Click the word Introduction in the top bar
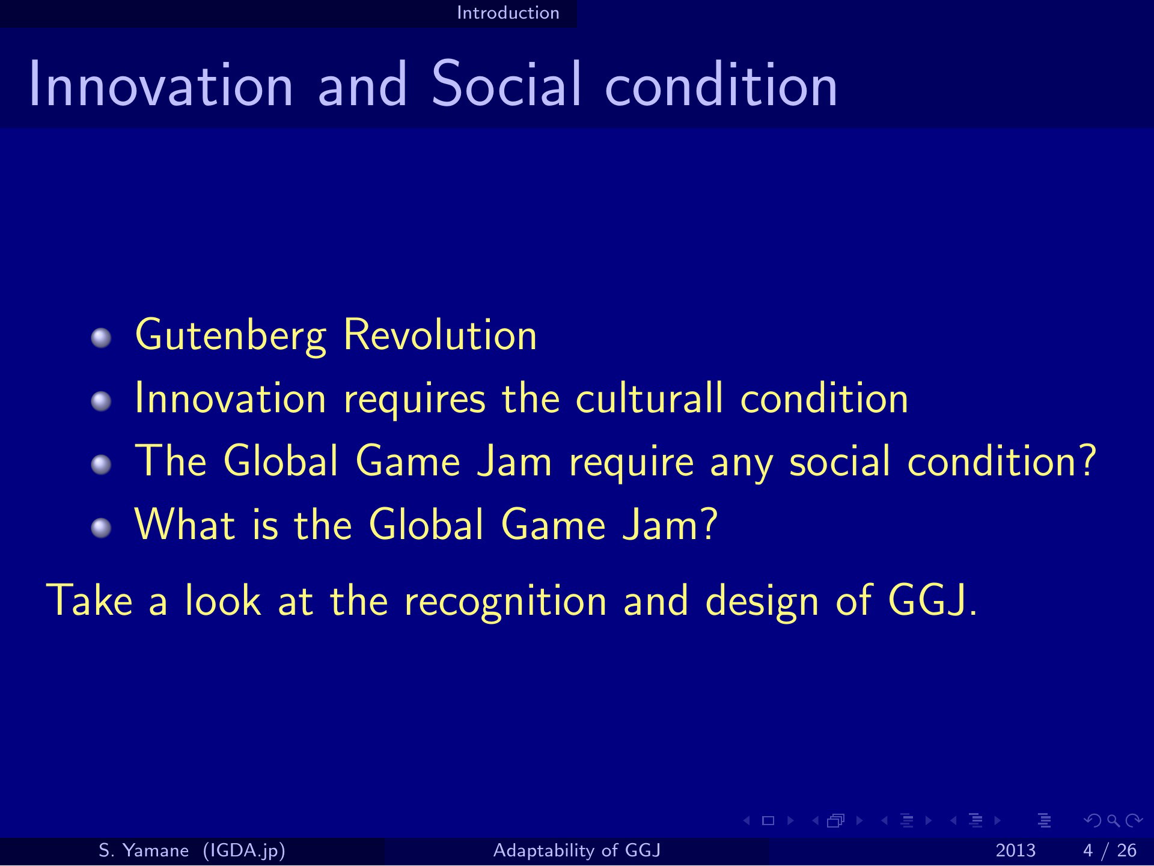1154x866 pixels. pyautogui.click(x=508, y=13)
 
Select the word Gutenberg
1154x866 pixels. pyautogui.click(x=231, y=335)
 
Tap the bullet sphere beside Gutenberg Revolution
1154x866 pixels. pyautogui.click(x=102, y=338)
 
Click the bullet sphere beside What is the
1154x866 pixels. pyautogui.click(x=102, y=528)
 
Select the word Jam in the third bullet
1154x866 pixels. pyautogui.click(x=514, y=462)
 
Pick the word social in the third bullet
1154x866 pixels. pyautogui.click(x=840, y=461)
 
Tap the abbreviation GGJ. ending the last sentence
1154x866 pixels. pyautogui.click(x=933, y=600)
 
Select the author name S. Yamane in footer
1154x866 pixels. pyautogui.click(x=144, y=850)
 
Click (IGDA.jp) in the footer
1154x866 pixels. pyautogui.click(x=244, y=851)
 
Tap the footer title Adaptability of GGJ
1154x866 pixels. pyautogui.click(x=577, y=850)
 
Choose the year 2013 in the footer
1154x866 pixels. pyautogui.click(x=1016, y=851)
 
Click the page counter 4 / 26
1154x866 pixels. pyautogui.click(x=1110, y=851)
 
